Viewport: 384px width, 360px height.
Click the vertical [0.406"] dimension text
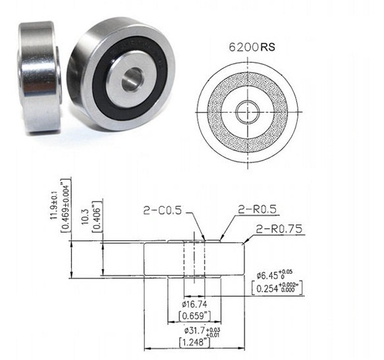96,212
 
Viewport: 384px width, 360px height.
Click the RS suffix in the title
268,47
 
